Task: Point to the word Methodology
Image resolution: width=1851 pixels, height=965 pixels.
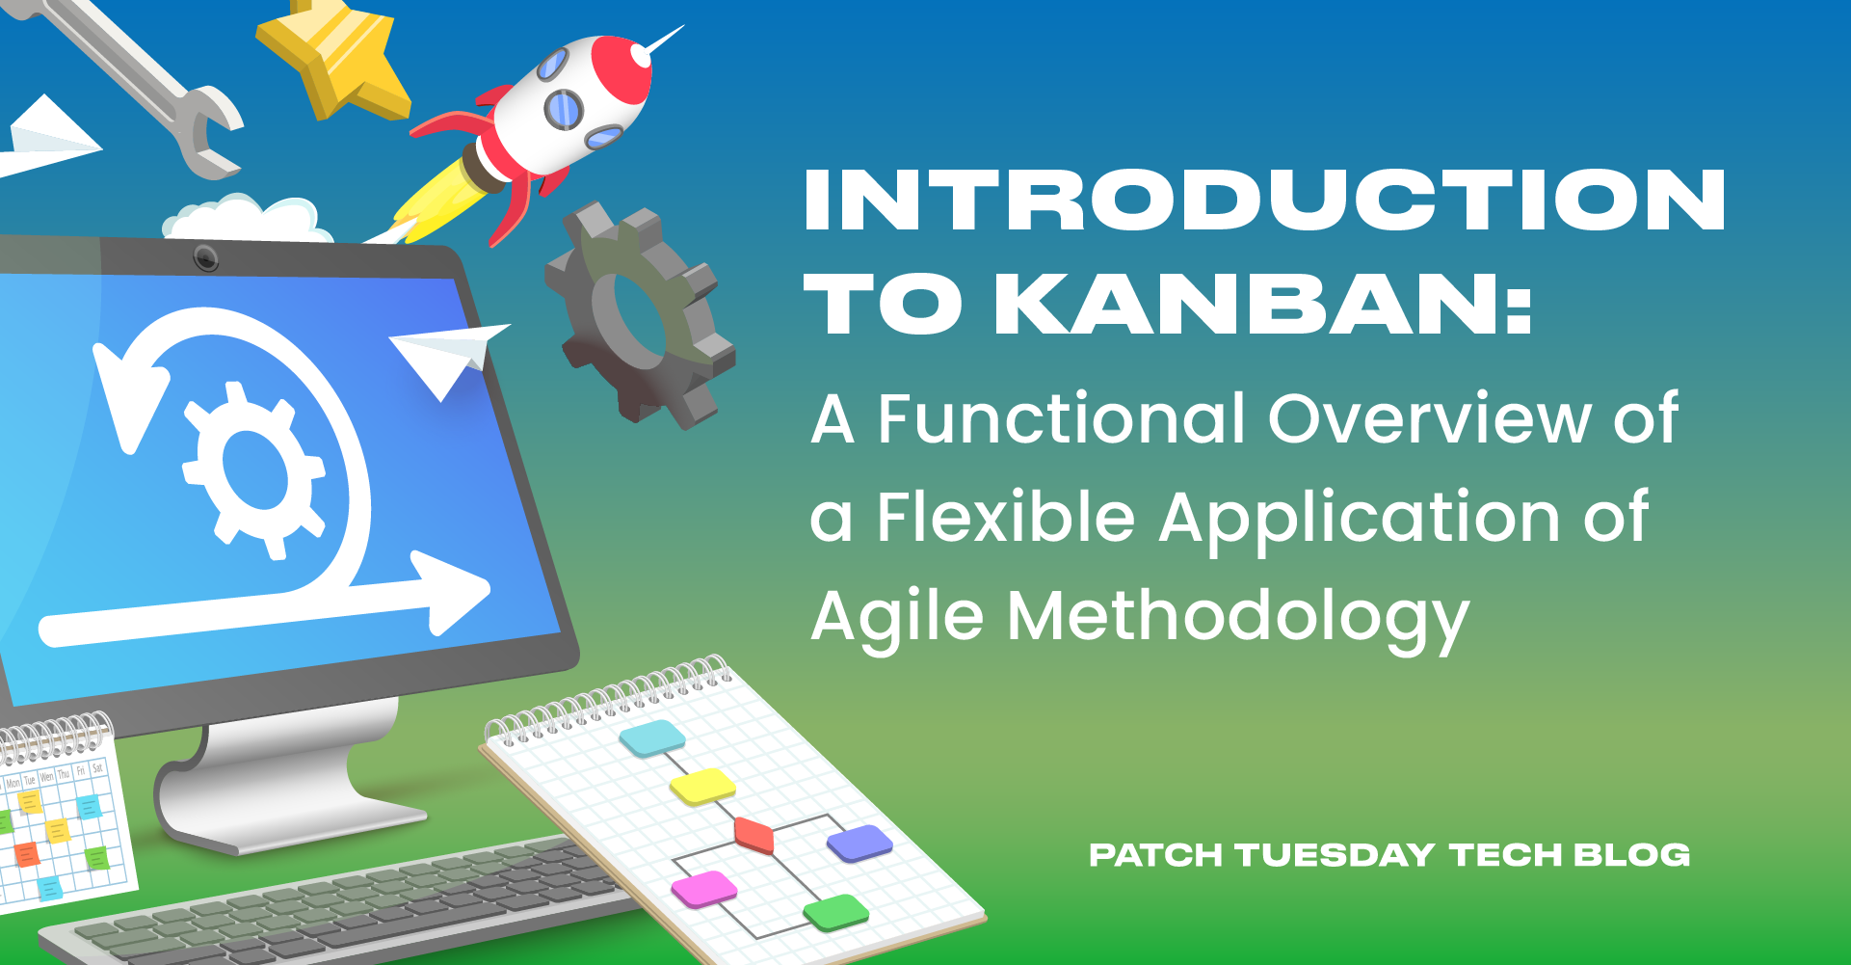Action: point(1237,617)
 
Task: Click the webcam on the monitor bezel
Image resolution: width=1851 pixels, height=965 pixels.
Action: point(205,257)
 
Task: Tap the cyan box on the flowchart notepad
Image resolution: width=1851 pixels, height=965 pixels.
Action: point(652,738)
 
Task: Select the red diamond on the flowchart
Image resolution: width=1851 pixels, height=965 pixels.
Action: point(754,834)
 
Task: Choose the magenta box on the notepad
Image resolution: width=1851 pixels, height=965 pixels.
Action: point(703,888)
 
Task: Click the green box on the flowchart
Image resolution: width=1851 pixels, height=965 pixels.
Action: point(836,911)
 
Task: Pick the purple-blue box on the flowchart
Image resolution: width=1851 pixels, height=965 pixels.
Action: point(859,844)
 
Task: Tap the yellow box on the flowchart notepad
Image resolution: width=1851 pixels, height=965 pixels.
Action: point(702,786)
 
